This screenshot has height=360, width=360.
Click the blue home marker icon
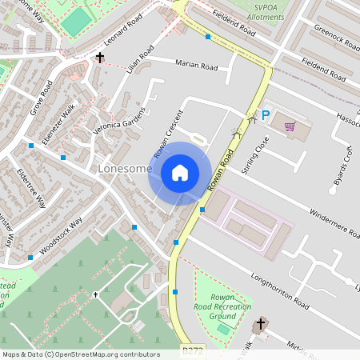(179, 173)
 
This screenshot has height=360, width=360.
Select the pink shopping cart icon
(289, 126)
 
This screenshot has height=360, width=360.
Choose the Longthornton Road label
(278, 292)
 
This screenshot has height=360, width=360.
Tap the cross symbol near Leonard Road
(100, 58)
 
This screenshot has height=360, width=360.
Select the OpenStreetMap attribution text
(81, 354)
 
